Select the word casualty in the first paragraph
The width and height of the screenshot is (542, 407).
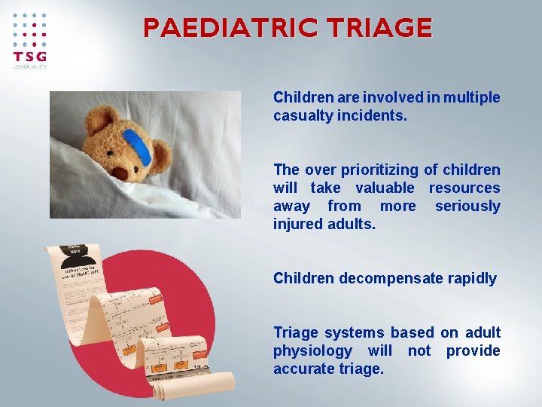301,115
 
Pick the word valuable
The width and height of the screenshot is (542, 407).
385,188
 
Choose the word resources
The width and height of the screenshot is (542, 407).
464,188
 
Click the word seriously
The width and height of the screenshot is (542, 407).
467,206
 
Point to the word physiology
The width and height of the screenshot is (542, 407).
312,350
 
